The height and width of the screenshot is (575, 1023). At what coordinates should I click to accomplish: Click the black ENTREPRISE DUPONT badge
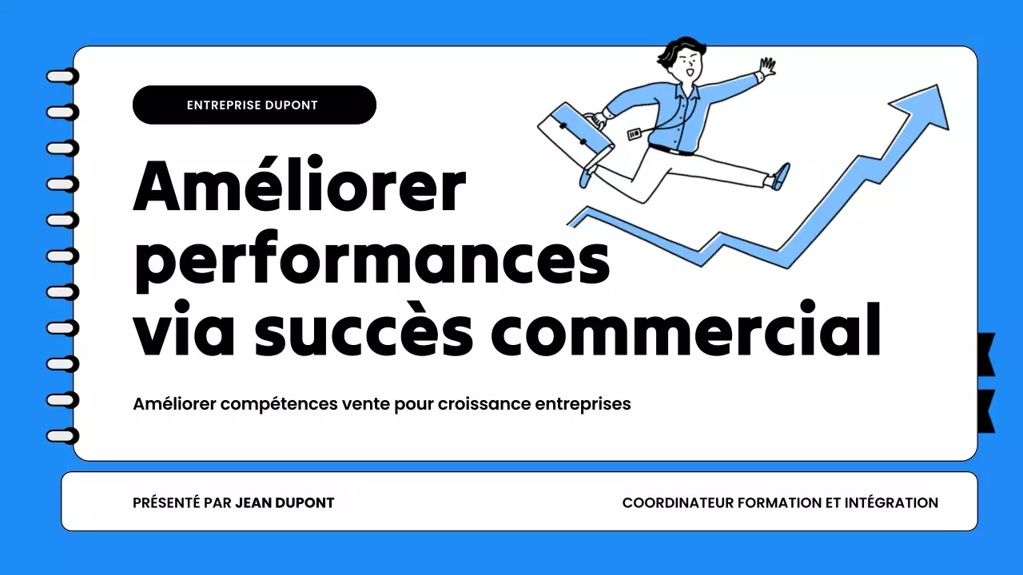point(253,105)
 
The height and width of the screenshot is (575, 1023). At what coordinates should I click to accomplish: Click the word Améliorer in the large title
point(299,186)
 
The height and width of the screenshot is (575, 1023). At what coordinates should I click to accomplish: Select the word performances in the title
point(371,259)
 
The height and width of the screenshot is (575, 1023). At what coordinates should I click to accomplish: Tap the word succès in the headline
point(364,330)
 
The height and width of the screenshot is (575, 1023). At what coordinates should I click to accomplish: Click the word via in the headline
point(181,330)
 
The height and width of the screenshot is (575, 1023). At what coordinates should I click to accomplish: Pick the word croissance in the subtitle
point(484,404)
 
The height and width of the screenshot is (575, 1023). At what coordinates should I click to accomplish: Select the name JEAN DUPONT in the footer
point(285,503)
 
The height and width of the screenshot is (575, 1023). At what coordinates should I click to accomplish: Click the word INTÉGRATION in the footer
point(891,503)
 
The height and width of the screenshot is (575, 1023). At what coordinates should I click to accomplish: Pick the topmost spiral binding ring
point(63,77)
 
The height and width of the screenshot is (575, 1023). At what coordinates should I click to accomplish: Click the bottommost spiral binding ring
point(63,436)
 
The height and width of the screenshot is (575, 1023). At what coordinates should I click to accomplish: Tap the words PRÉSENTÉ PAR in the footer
point(182,503)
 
